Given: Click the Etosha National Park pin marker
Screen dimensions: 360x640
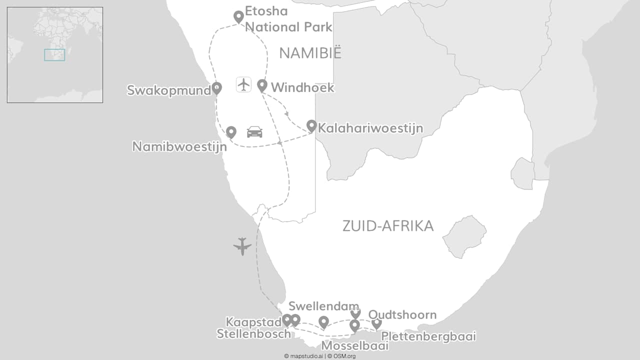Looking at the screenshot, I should click(239, 16).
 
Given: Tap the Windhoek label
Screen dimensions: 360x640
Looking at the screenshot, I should click(302, 88).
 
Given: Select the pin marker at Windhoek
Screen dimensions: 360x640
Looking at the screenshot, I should click(262, 85).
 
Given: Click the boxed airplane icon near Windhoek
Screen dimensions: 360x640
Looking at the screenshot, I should click(243, 84).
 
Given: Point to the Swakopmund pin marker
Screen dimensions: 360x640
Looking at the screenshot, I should click(216, 88).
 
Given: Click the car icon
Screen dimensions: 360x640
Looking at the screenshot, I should click(254, 132).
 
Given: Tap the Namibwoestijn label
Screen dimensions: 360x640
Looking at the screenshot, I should click(179, 146).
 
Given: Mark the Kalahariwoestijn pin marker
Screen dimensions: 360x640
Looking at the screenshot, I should click(311, 126).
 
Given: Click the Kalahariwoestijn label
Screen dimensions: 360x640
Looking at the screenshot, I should click(370, 128).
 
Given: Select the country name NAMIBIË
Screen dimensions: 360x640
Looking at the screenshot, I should click(310, 53).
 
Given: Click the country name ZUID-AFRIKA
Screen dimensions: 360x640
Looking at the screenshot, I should click(388, 226).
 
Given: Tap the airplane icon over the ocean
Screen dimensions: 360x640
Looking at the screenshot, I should click(242, 246).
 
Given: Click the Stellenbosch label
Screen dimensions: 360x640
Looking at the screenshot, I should click(253, 334).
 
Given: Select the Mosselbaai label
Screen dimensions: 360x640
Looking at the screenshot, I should click(354, 345).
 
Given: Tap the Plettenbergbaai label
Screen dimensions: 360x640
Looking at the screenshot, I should click(428, 336).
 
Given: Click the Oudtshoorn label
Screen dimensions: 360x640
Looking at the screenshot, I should click(402, 315).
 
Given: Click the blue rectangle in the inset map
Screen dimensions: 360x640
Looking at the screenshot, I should click(54, 55).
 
